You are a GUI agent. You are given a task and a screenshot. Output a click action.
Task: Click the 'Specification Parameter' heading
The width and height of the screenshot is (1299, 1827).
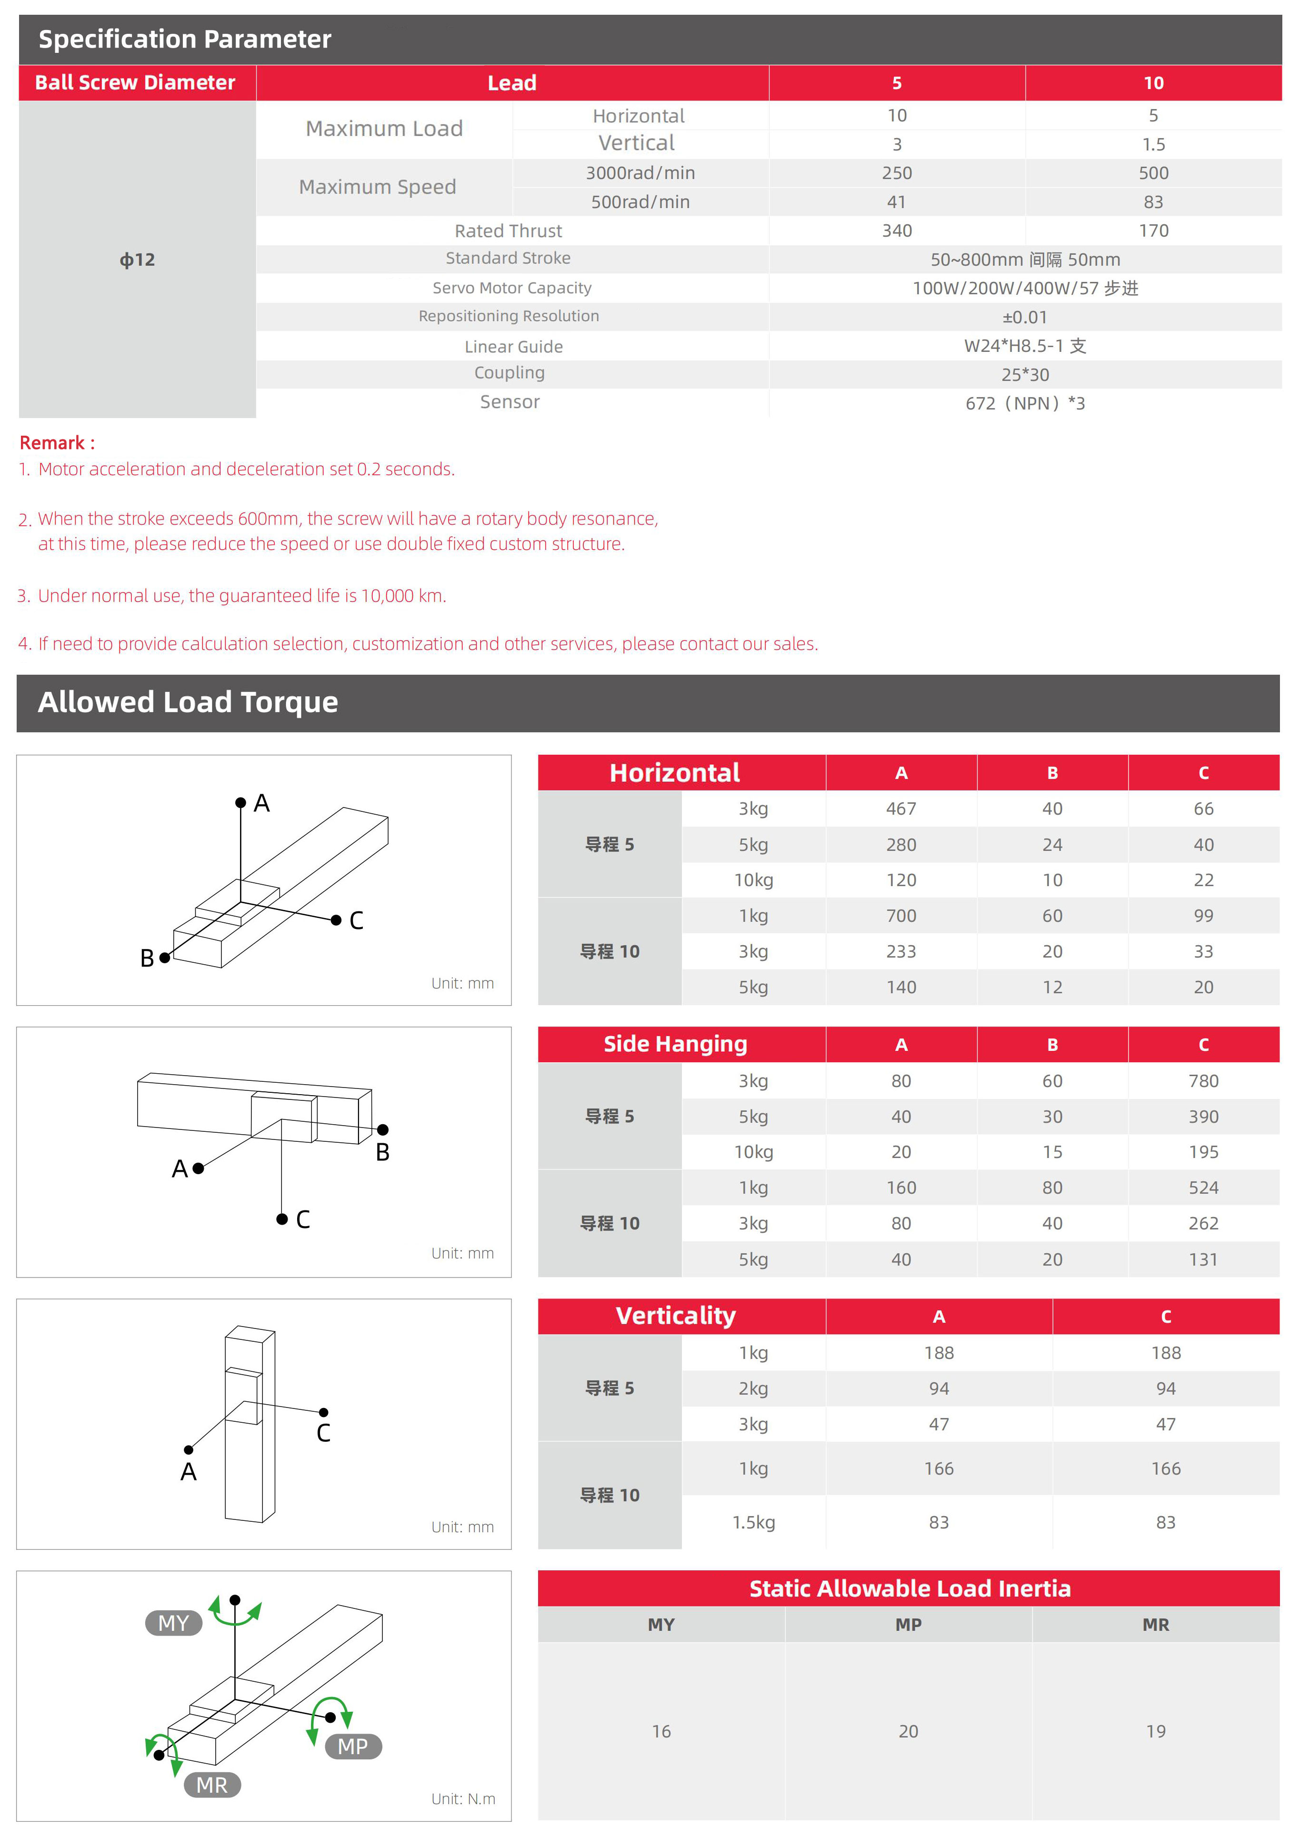(185, 39)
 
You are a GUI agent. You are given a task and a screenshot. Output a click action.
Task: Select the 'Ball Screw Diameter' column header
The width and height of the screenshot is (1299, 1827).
(135, 82)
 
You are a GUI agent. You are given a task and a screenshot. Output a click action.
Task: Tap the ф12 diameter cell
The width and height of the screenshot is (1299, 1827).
(138, 260)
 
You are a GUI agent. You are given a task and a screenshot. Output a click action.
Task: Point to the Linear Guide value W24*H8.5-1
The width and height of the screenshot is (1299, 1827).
(1025, 346)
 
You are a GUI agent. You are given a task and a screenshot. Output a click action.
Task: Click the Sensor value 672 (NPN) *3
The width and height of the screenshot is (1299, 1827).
(1025, 404)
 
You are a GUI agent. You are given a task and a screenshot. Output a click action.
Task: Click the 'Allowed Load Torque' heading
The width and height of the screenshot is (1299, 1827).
(188, 702)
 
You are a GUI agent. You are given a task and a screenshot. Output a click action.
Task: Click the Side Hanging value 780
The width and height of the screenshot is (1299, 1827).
(1203, 1081)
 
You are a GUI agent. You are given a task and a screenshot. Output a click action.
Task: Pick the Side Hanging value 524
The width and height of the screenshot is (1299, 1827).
(1203, 1188)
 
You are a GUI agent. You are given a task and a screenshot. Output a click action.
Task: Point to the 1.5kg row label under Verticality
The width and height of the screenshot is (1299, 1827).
(753, 1522)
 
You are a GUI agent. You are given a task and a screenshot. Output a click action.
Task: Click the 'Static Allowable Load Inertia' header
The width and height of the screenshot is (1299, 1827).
(909, 1588)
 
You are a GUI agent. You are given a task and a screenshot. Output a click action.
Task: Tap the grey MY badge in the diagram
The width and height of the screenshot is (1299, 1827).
(174, 1623)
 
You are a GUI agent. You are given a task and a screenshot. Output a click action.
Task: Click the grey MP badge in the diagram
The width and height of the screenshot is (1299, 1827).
(353, 1746)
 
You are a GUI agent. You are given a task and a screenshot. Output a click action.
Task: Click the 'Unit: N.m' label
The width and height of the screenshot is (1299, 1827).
(463, 1799)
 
